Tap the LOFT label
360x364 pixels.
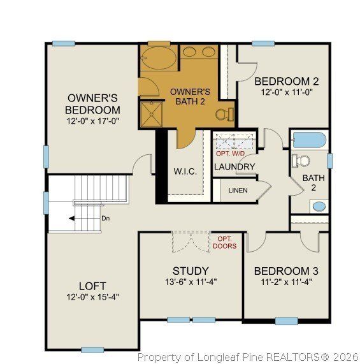click(x=92, y=286)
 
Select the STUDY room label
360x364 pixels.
click(x=191, y=270)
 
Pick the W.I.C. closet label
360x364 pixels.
click(x=185, y=172)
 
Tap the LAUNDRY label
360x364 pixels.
click(x=234, y=167)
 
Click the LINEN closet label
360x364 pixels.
click(x=238, y=190)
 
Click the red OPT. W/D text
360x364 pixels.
click(x=230, y=154)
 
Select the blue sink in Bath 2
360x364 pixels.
click(x=318, y=206)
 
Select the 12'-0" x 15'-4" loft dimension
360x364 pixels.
click(x=92, y=296)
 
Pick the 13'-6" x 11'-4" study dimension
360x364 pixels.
click(x=191, y=281)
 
